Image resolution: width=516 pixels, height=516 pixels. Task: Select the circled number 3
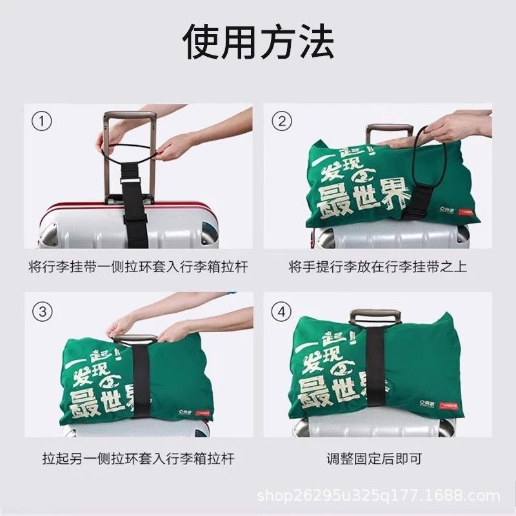(43, 312)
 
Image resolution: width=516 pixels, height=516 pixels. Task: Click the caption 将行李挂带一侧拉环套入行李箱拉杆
(138, 267)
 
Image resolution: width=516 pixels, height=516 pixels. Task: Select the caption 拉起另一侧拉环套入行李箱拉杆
(138, 459)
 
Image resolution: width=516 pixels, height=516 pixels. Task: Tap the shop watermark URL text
(379, 496)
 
